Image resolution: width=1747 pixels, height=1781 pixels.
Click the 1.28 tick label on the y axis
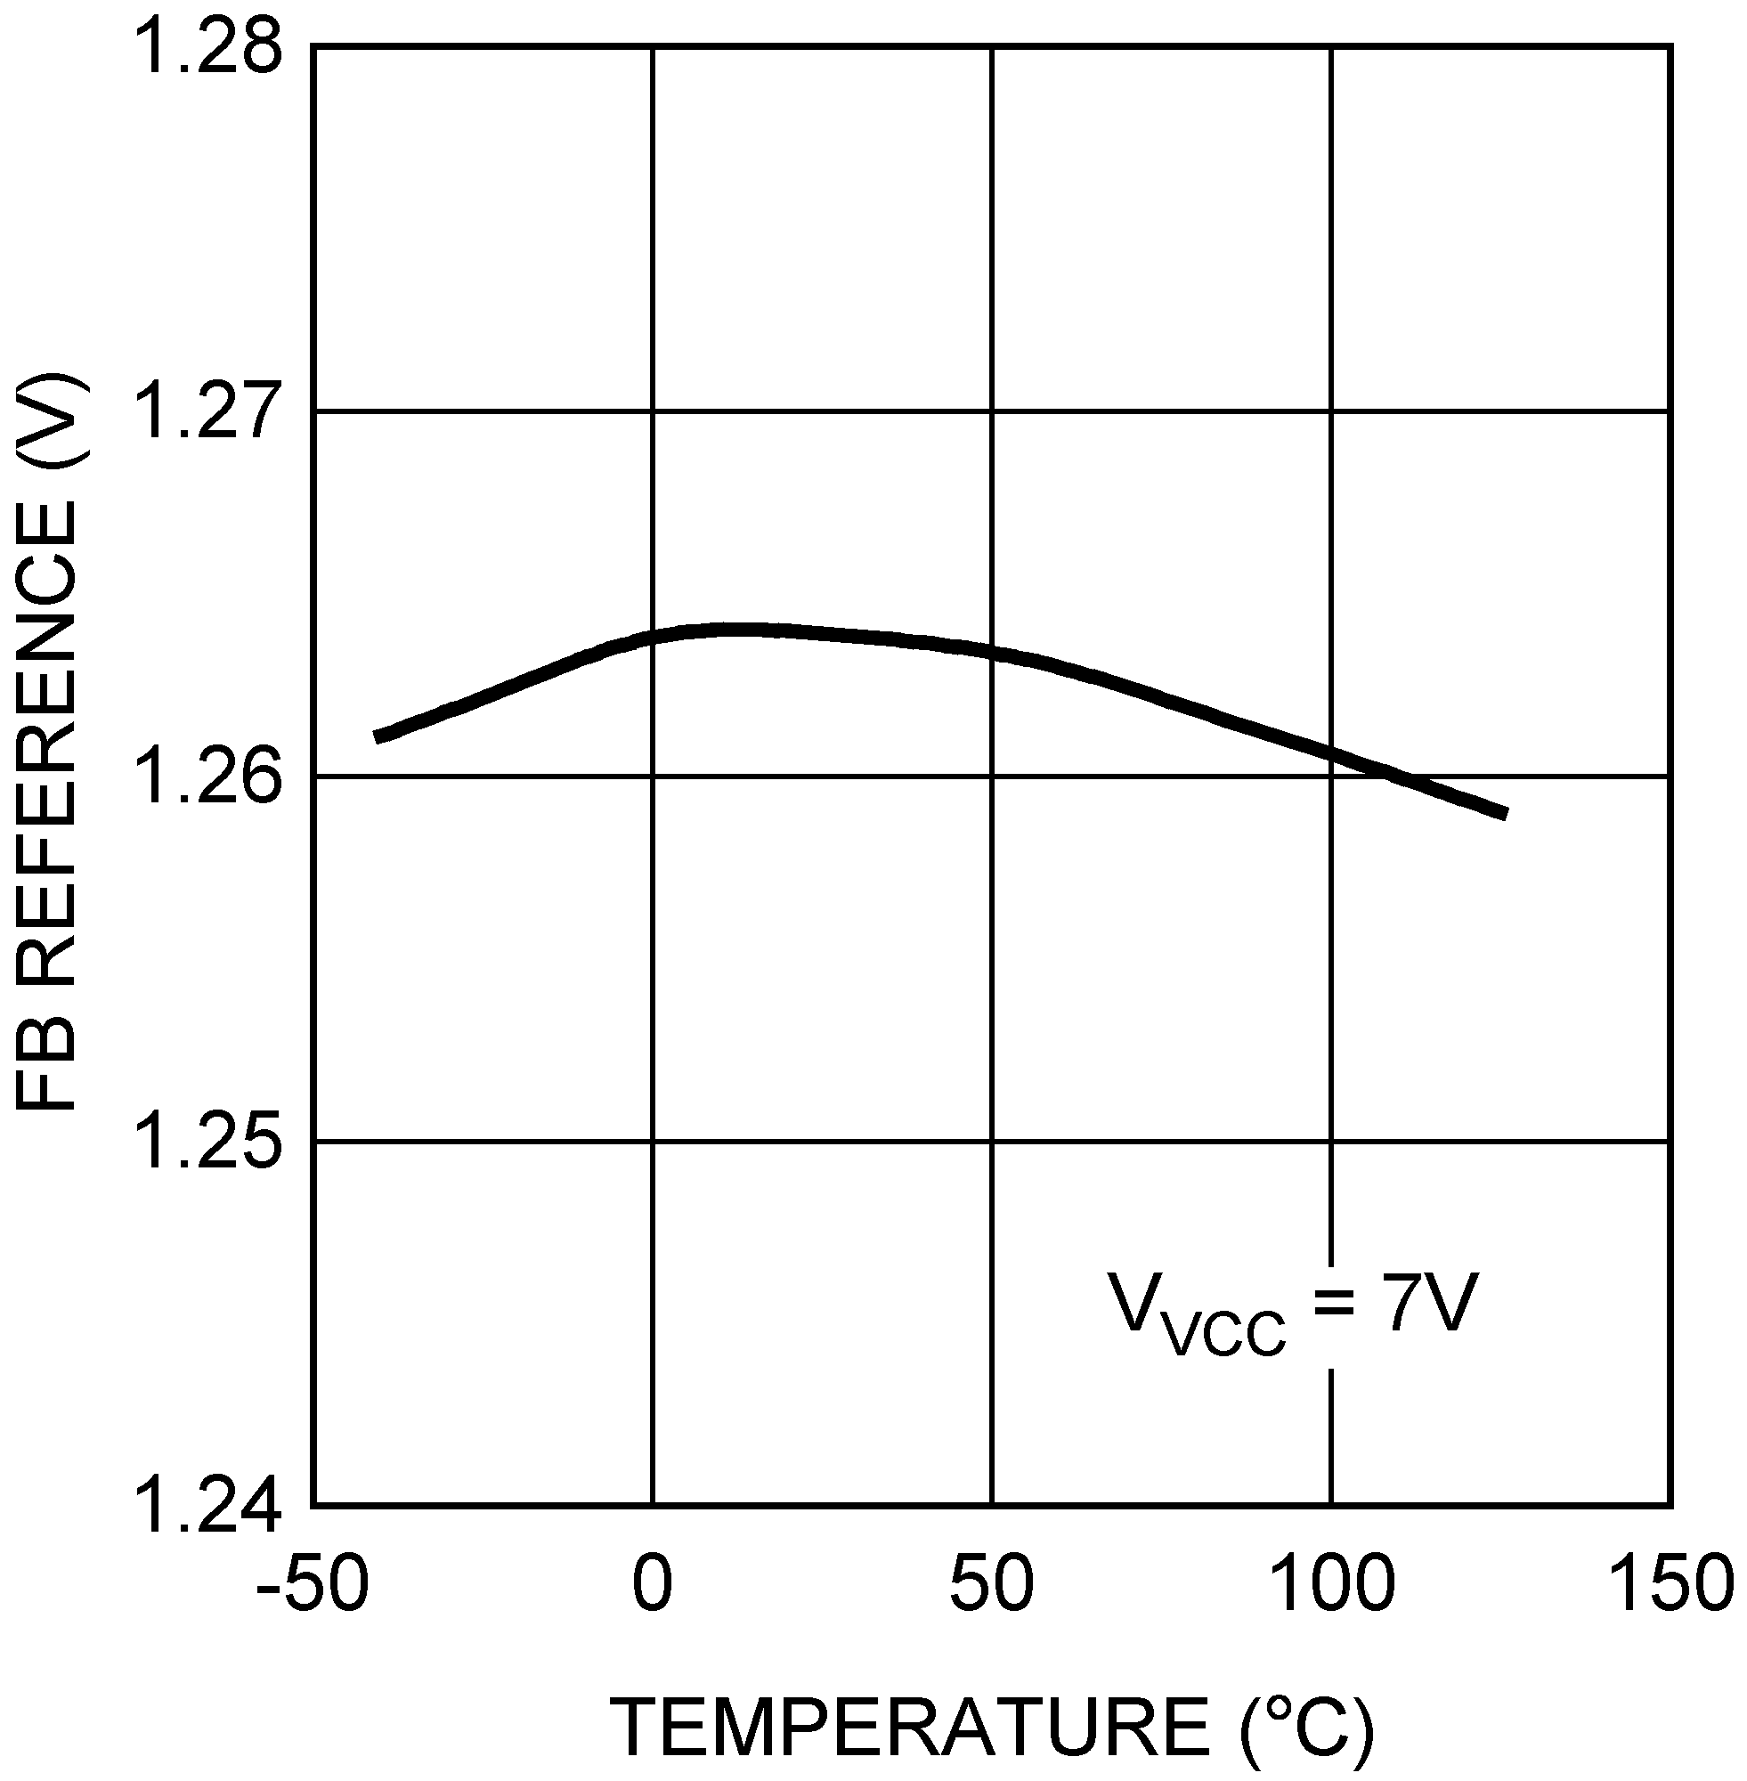[x=206, y=48]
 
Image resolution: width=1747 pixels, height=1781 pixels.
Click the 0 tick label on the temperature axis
[x=652, y=1583]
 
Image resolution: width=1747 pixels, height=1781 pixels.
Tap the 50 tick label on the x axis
[x=991, y=1583]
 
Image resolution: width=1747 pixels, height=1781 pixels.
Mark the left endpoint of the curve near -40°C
[x=376, y=736]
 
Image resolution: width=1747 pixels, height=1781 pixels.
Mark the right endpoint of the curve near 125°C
[x=1506, y=814]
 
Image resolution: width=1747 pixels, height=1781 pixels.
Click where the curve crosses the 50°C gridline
[x=992, y=653]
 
